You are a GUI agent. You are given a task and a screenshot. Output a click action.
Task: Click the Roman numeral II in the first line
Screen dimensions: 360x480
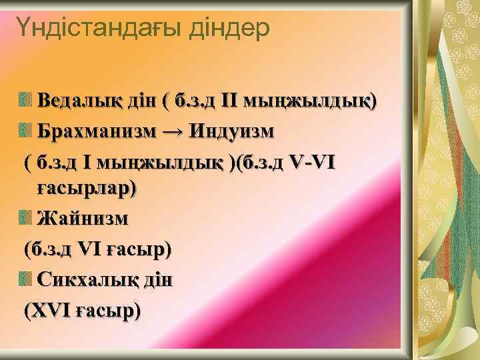tap(229, 101)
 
